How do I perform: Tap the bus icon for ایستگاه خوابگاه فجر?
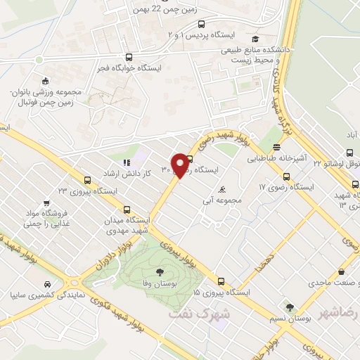(127, 58)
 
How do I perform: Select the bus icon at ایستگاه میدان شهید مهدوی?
(127, 209)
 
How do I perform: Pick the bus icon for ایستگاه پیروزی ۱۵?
(221, 281)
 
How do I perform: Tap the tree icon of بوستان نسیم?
(290, 307)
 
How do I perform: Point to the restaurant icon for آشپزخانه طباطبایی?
(278, 148)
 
